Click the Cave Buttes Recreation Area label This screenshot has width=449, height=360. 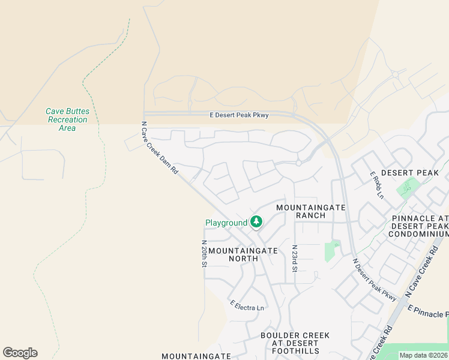pos(67,119)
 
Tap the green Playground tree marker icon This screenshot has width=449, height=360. pos(256,222)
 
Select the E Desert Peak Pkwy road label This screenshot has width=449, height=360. pos(238,115)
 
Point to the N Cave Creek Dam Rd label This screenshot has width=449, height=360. pos(160,148)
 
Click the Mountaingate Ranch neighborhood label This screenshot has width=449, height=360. pos(310,211)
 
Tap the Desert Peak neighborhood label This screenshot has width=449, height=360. pos(410,172)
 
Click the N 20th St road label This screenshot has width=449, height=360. pos(205,254)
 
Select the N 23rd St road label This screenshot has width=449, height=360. pos(295,258)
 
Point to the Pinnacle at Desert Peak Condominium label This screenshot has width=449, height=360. pos(420,226)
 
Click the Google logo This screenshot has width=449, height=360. pos(20,353)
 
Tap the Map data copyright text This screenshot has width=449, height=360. pos(423,355)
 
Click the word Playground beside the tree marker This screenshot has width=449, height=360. pos(226,223)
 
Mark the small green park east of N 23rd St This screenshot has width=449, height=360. pos(331,251)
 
